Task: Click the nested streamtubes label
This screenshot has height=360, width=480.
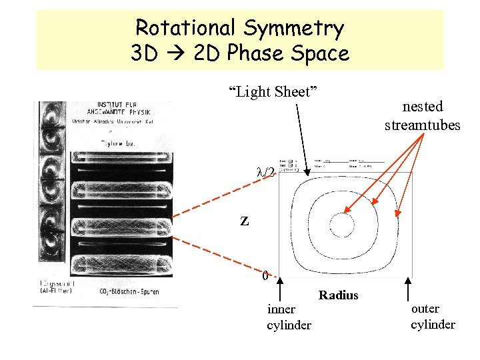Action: click(x=423, y=115)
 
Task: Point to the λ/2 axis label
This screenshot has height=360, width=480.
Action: click(x=266, y=171)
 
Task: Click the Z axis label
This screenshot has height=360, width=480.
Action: click(x=245, y=221)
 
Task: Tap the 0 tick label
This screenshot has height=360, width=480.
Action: click(x=265, y=275)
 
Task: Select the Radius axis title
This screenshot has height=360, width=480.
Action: click(x=339, y=295)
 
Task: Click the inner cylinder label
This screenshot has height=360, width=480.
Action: click(x=289, y=317)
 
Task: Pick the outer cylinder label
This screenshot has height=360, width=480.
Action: click(x=433, y=317)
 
